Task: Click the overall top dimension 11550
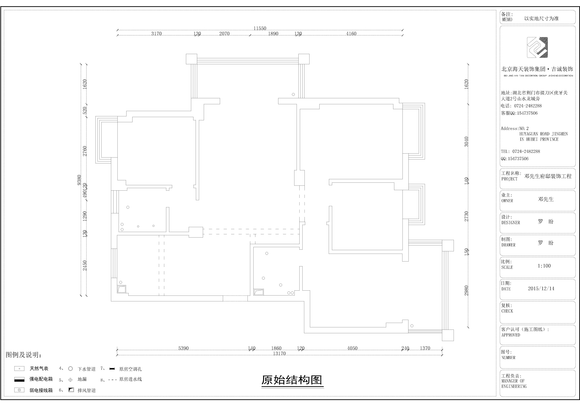point(260,28)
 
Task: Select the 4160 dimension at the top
point(351,34)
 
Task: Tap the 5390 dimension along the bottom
point(183,348)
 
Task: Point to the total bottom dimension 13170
point(279,353)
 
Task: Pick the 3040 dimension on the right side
point(466,142)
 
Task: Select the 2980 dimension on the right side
point(466,291)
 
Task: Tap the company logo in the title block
point(537,48)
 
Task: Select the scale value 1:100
point(544,266)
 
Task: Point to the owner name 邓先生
point(546,199)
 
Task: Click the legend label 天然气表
point(39,369)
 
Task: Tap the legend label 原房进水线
point(131,379)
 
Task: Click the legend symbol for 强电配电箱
point(19,380)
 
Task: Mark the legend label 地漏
point(82,379)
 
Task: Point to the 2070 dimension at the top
point(224,34)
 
